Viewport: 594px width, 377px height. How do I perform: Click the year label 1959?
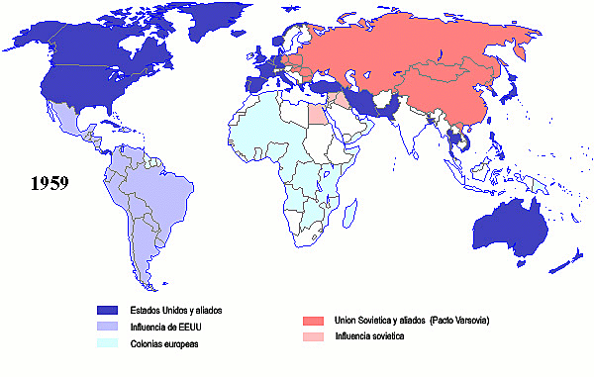(x=48, y=183)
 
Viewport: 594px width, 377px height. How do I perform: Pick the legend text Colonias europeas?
(x=165, y=343)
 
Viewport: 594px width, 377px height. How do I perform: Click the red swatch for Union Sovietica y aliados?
(x=314, y=321)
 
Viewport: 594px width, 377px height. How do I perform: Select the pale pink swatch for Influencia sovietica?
(x=314, y=337)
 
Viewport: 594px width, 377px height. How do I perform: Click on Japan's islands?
(x=512, y=94)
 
